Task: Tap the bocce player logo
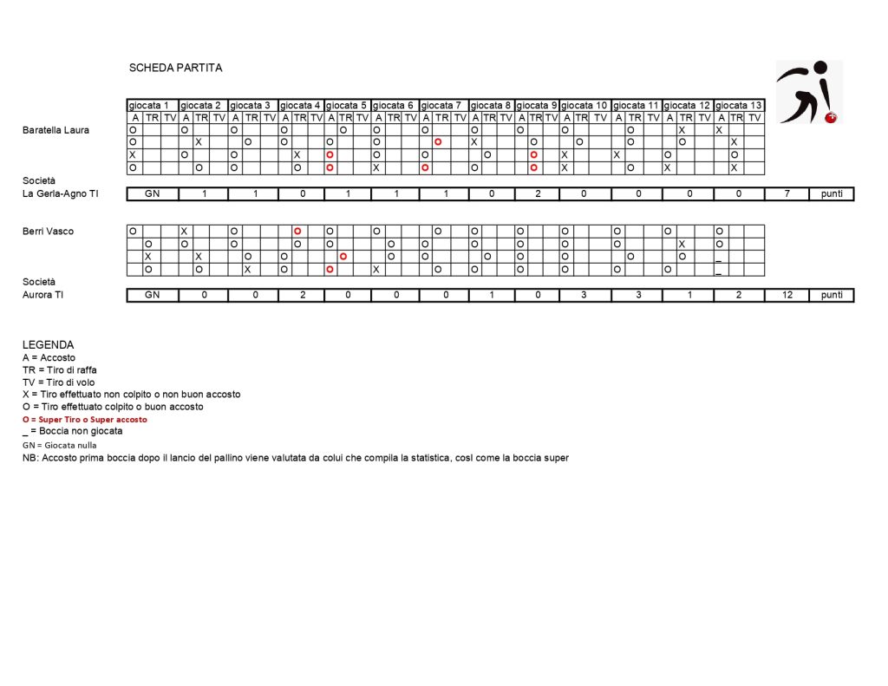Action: [808, 92]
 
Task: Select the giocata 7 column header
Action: [444, 106]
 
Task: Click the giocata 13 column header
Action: [739, 106]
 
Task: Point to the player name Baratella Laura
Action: [55, 130]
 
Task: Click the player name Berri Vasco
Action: [48, 232]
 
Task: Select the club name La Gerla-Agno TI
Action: [61, 193]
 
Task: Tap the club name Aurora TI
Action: [44, 295]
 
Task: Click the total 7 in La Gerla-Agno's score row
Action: [787, 193]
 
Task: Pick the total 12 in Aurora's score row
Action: [787, 295]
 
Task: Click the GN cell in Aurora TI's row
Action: [153, 295]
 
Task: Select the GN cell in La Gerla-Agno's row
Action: [153, 193]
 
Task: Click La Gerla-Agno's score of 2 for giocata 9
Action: [538, 193]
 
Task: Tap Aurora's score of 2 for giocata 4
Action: [302, 295]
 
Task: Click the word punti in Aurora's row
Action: [832, 295]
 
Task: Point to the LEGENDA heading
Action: [49, 344]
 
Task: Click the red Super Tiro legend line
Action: [85, 419]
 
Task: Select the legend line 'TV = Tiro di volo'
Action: [59, 382]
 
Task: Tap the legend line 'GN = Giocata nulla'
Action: [60, 444]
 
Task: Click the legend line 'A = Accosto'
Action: [49, 357]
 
